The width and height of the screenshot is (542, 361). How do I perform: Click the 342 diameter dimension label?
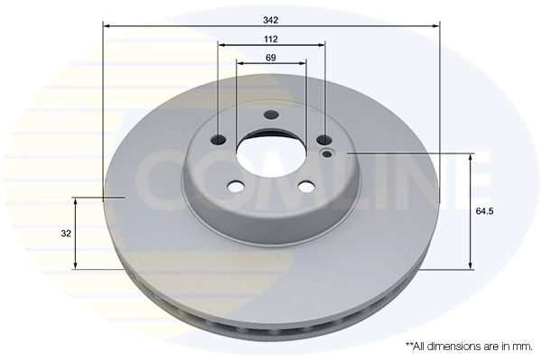tap(271, 20)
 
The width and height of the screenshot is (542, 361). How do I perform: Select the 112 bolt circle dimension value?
tap(271, 39)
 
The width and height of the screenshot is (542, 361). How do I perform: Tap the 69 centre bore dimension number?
tap(271, 58)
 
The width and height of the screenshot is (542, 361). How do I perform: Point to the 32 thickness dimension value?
tap(66, 234)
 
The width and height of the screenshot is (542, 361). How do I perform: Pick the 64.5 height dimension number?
tap(484, 211)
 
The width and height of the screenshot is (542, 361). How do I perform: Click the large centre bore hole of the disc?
tap(271, 154)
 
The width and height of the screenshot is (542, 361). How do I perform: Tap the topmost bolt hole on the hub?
tap(271, 115)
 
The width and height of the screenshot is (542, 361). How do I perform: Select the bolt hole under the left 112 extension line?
tap(218, 140)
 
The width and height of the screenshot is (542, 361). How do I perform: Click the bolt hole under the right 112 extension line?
tap(324, 140)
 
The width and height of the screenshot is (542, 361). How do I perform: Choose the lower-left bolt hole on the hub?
tap(235, 187)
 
